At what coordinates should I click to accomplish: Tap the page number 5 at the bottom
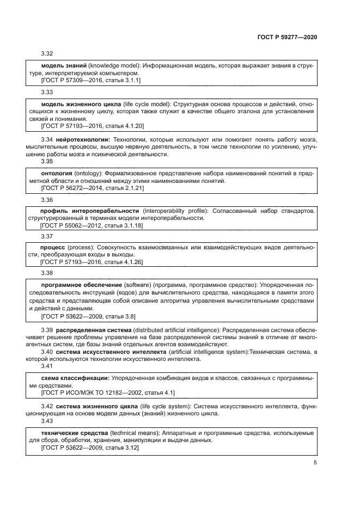315,463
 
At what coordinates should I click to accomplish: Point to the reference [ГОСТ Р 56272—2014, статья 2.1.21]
93,188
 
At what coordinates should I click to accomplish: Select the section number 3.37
47,236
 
